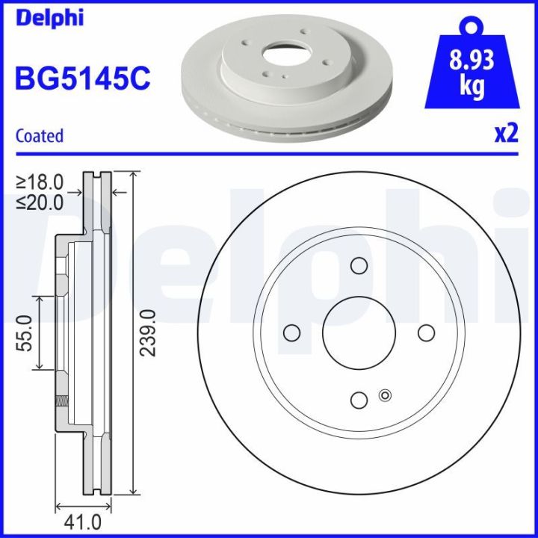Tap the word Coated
(x=40, y=136)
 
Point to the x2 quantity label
(x=506, y=134)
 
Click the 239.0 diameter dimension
(x=149, y=332)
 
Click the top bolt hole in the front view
(x=359, y=265)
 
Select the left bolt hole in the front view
(x=291, y=333)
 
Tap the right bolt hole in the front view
(x=426, y=333)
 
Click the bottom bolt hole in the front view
(x=359, y=401)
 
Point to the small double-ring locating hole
(x=386, y=395)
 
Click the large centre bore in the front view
(x=359, y=333)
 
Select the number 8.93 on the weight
(x=471, y=62)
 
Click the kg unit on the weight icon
(x=471, y=87)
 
